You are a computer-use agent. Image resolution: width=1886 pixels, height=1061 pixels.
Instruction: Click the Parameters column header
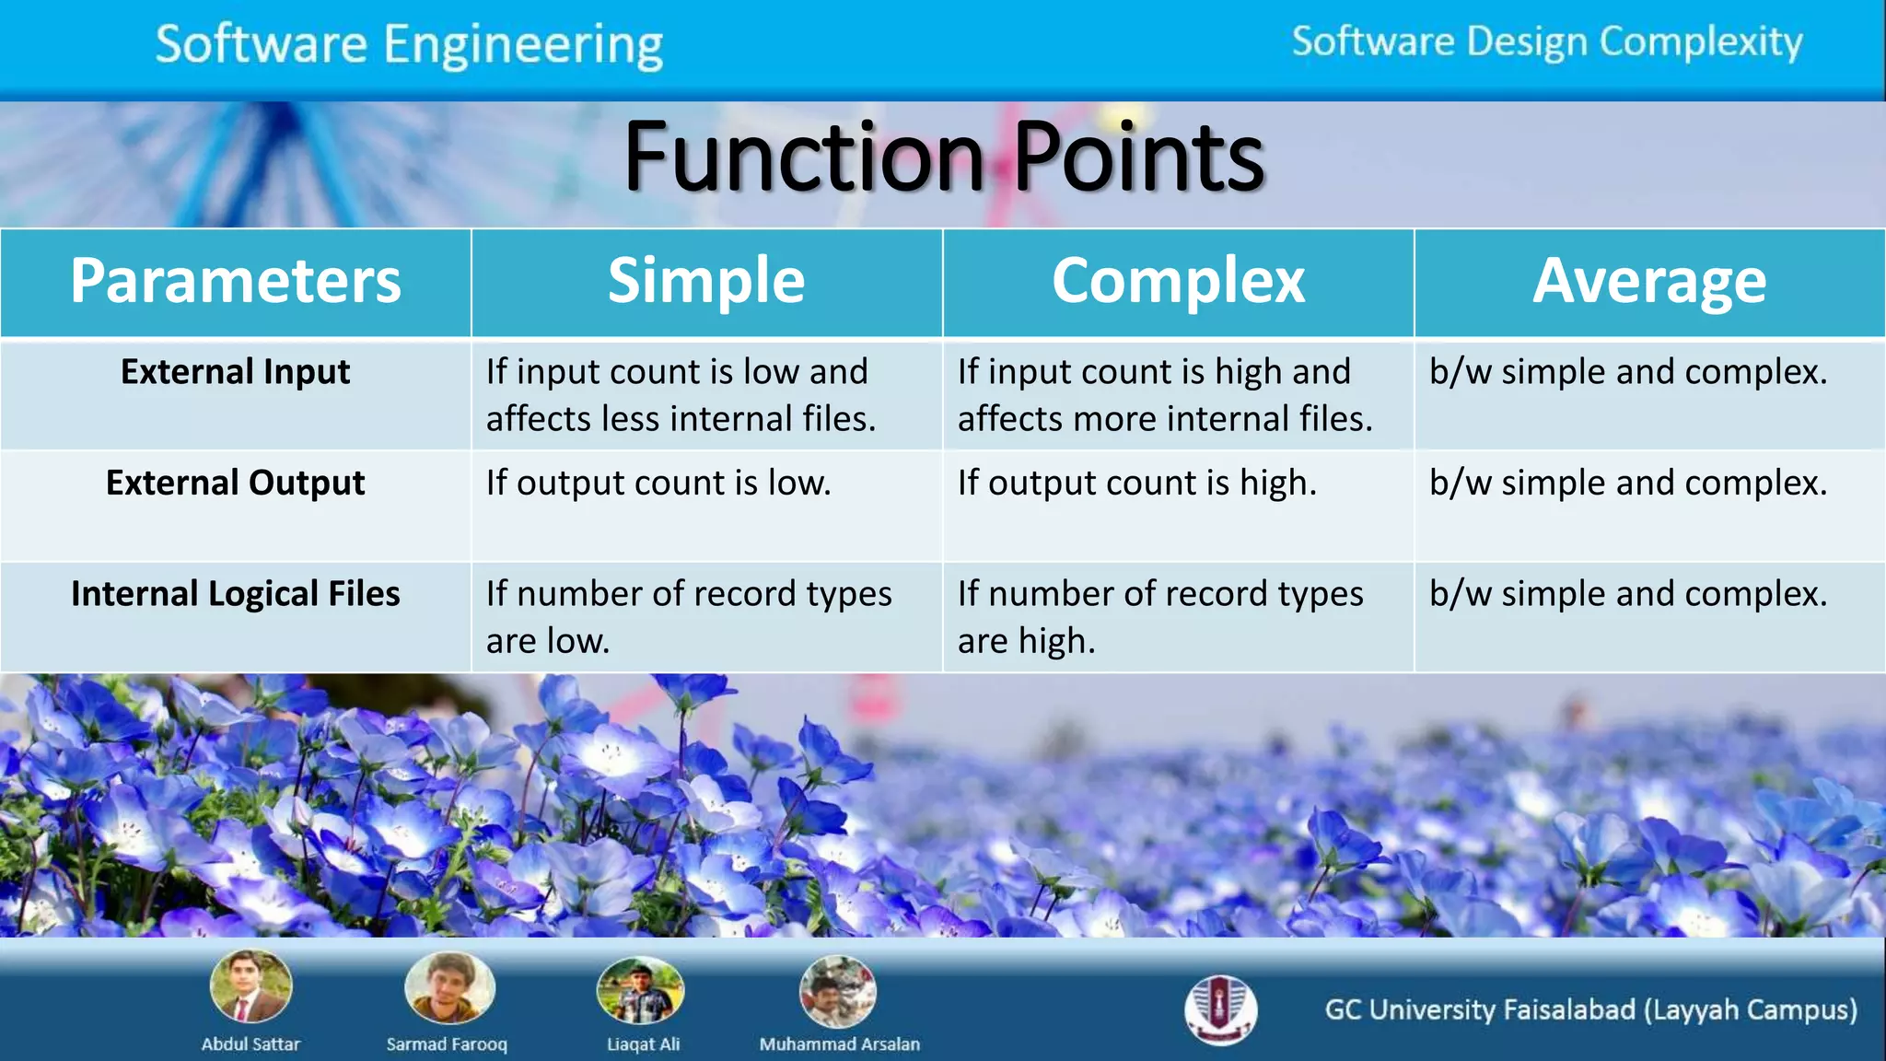[x=236, y=281]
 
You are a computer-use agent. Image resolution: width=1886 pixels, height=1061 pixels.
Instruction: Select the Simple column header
[x=706, y=281]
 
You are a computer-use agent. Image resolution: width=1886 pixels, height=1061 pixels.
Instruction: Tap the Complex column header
[x=1178, y=281]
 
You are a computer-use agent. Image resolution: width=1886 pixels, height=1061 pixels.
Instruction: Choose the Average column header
[x=1649, y=281]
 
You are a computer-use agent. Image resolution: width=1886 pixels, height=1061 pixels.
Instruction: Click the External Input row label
[x=236, y=372]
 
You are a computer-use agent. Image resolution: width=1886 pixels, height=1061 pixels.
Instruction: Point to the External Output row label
[x=236, y=483]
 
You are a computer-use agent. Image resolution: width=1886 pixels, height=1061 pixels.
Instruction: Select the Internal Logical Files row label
[x=236, y=594]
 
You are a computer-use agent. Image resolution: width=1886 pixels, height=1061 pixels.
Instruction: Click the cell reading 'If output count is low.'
[x=658, y=484]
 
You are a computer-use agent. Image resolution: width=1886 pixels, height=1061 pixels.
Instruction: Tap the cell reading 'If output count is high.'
[x=1137, y=484]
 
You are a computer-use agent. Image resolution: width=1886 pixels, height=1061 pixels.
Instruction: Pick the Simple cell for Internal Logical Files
[x=689, y=616]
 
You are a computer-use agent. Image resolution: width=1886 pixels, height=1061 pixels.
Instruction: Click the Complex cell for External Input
[x=1165, y=395]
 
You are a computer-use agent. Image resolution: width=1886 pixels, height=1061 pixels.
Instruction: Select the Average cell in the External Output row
[x=1628, y=484]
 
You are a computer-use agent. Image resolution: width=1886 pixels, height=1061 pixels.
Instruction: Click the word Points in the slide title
[x=1138, y=157]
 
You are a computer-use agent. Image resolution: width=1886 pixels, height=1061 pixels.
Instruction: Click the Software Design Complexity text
[x=1547, y=42]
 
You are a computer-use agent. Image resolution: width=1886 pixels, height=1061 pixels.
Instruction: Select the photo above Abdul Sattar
[x=250, y=987]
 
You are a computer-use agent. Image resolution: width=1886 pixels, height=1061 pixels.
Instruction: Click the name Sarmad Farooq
[x=447, y=1044]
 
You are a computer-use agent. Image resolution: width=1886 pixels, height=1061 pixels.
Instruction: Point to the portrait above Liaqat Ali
[x=641, y=990]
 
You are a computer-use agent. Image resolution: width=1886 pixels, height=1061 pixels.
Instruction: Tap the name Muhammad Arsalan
[x=839, y=1044]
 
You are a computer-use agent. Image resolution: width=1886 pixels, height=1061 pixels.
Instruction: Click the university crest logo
[x=1220, y=1009]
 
